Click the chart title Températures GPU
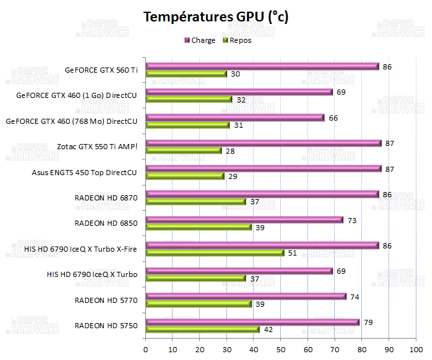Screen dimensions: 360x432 coord(216,18)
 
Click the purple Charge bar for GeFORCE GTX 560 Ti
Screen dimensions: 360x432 coord(262,66)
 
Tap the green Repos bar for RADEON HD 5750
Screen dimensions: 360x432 coord(202,330)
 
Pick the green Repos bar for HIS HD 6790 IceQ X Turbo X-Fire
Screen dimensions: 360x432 coord(215,253)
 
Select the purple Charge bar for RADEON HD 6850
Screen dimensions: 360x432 coord(245,219)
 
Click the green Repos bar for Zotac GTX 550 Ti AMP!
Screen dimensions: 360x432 coord(184,150)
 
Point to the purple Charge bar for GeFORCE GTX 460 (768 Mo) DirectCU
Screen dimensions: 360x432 coord(235,117)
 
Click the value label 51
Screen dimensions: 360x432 coord(293,253)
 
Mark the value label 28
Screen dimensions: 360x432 coord(231,150)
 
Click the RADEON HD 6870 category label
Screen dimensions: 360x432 coord(106,198)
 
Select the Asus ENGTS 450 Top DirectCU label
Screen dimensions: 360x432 coord(84,173)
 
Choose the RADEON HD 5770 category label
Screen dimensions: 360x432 coord(106,300)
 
